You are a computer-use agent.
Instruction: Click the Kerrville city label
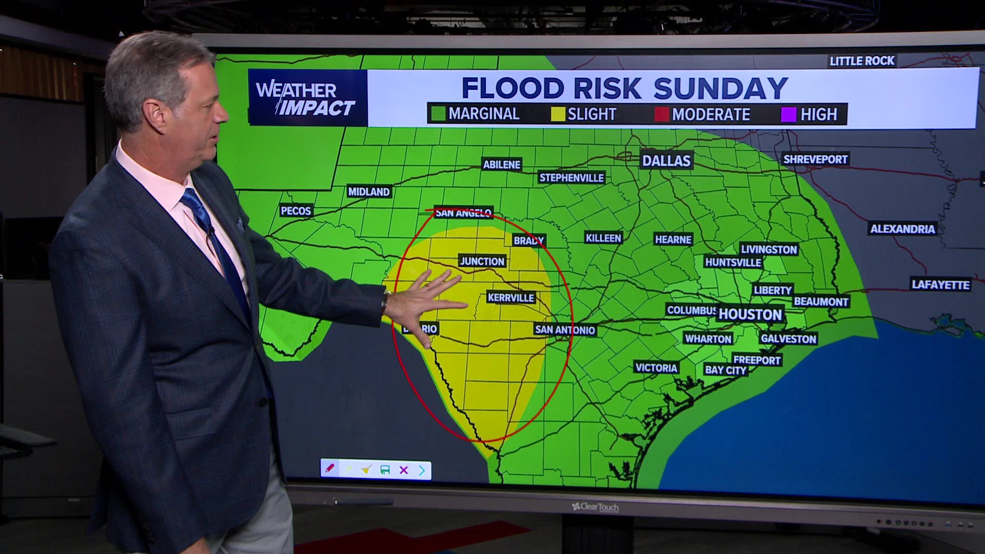tap(510, 298)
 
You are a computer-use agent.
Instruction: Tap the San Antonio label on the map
tap(565, 329)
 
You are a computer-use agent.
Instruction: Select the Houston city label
tap(750, 314)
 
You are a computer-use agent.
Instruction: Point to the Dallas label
tap(666, 161)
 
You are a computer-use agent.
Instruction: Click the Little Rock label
tap(862, 61)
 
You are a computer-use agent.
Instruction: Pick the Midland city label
tap(369, 192)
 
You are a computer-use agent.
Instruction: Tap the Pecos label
tap(296, 211)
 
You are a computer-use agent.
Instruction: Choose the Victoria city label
tap(656, 368)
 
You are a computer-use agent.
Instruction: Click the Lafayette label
tap(940, 285)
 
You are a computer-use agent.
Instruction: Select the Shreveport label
tap(815, 159)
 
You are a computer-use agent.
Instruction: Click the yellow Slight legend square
tap(558, 114)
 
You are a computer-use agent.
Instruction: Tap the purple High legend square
tap(789, 114)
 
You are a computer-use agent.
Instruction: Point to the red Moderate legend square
tap(662, 114)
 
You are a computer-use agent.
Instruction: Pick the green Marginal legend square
tap(438, 114)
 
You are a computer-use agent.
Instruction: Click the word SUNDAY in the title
tap(720, 88)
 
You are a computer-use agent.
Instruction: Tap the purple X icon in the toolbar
tap(404, 470)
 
